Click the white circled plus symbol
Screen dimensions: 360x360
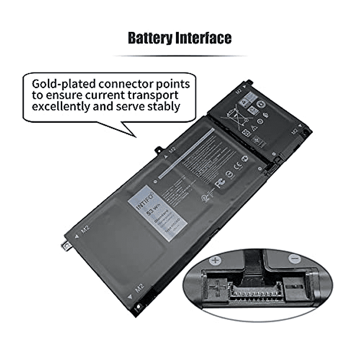pos(216,259)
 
